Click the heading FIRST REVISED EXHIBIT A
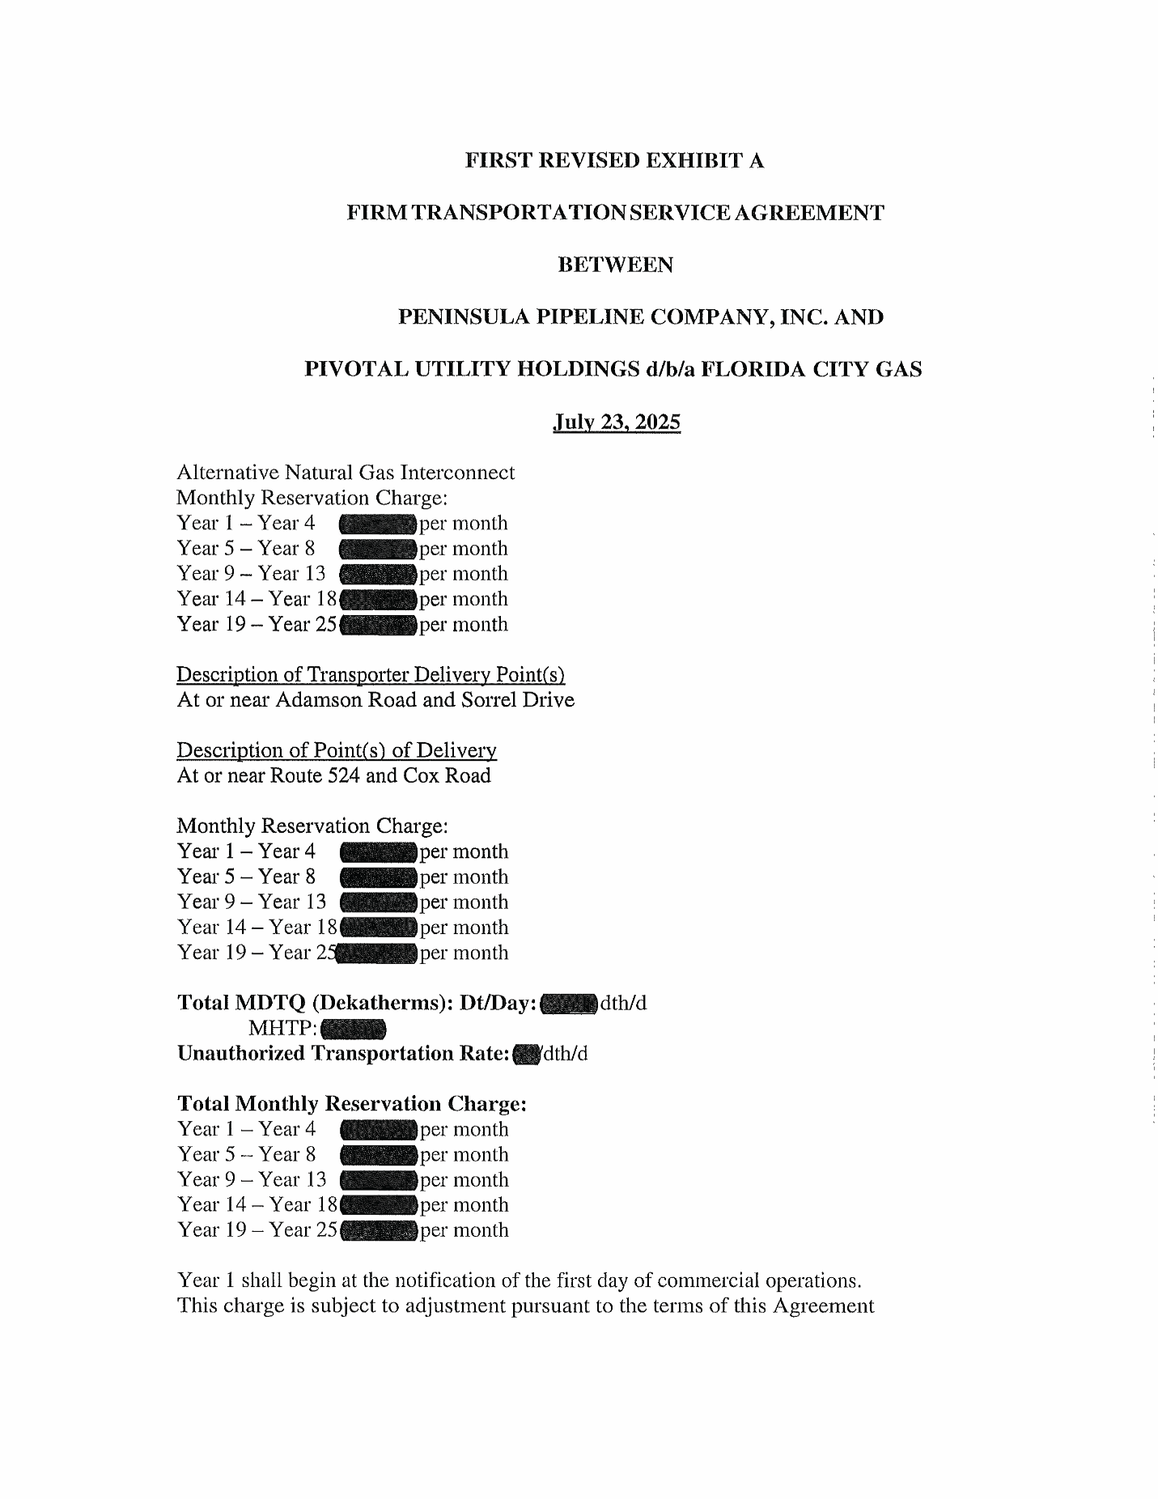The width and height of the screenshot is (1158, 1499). point(615,161)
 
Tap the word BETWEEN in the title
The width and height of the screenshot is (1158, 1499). point(616,265)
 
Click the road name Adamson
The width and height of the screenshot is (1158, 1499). point(319,699)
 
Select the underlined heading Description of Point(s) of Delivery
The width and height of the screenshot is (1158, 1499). point(337,750)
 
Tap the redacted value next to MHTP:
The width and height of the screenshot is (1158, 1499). point(353,1030)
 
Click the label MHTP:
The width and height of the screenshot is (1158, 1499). point(282,1029)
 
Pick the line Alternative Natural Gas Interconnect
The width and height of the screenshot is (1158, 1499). point(346,473)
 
